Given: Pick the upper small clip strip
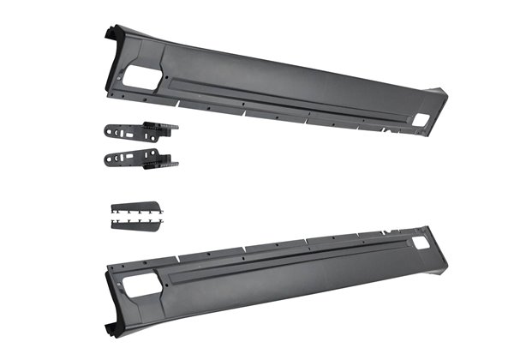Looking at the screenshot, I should pyautogui.click(x=134, y=207).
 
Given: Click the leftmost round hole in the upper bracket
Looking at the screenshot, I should pyautogui.click(x=110, y=132).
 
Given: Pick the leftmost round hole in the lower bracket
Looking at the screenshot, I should pyautogui.click(x=110, y=160).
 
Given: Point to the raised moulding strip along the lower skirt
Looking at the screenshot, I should pyautogui.click(x=283, y=264).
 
